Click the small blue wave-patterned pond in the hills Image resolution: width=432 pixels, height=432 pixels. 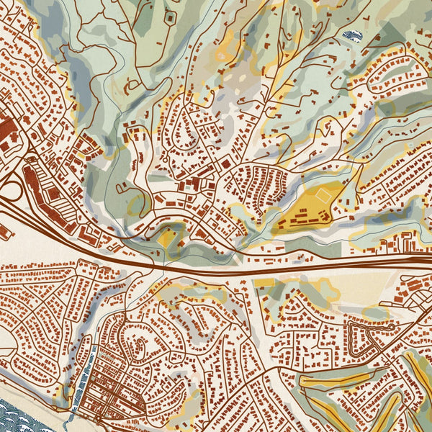pyautogui.click(x=352, y=34)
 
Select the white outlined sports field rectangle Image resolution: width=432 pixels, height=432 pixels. pyautogui.click(x=322, y=194)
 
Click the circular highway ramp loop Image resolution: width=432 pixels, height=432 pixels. pyautogui.click(x=10, y=191)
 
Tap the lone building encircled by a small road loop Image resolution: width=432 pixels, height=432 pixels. pyautogui.click(x=171, y=16)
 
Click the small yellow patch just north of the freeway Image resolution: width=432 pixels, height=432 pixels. pyautogui.click(x=167, y=237)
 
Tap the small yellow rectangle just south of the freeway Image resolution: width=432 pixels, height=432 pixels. pyautogui.click(x=264, y=282)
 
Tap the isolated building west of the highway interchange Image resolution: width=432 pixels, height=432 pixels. pyautogui.click(x=2, y=232)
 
